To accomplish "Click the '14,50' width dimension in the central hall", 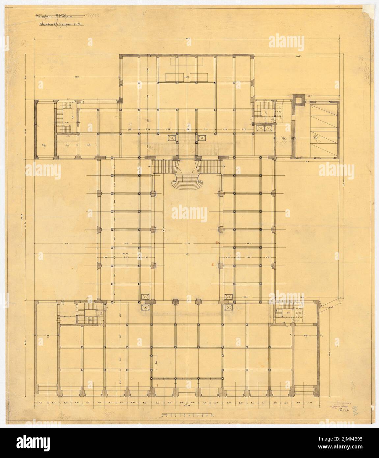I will click(188, 243).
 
